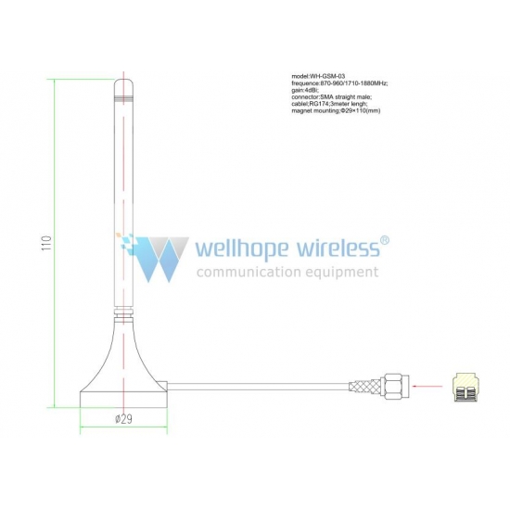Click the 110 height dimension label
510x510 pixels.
[x=47, y=243]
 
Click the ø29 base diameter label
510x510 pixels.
[x=124, y=419]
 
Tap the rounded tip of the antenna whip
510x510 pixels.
[x=123, y=83]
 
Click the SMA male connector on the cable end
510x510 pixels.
[x=396, y=387]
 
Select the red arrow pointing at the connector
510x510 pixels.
[x=427, y=387]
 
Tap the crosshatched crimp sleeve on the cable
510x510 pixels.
[x=364, y=387]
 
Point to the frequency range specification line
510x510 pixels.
[x=339, y=83]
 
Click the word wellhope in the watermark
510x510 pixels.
[x=242, y=249]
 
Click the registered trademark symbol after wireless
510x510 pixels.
[x=385, y=240]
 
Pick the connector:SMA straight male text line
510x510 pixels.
[x=332, y=97]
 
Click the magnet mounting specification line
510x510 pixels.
[x=336, y=110]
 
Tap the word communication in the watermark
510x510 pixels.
[x=249, y=272]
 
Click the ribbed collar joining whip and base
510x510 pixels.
[x=123, y=312]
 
